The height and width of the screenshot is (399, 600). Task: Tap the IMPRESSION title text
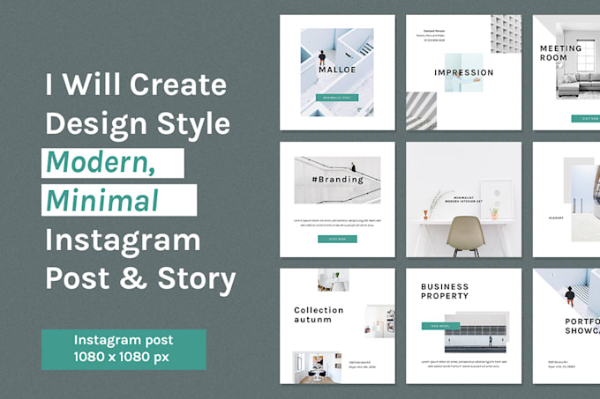coord(463,73)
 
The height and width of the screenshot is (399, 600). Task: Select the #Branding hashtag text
coord(336,180)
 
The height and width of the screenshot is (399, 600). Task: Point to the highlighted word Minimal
coord(102,201)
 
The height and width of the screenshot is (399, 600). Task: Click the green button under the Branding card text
coord(337,239)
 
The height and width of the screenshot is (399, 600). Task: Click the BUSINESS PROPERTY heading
coord(446,292)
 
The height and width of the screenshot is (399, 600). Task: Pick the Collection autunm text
coord(319,314)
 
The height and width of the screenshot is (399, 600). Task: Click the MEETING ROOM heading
coord(561,54)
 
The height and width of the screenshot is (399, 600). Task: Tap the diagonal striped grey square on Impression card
coord(420,110)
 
